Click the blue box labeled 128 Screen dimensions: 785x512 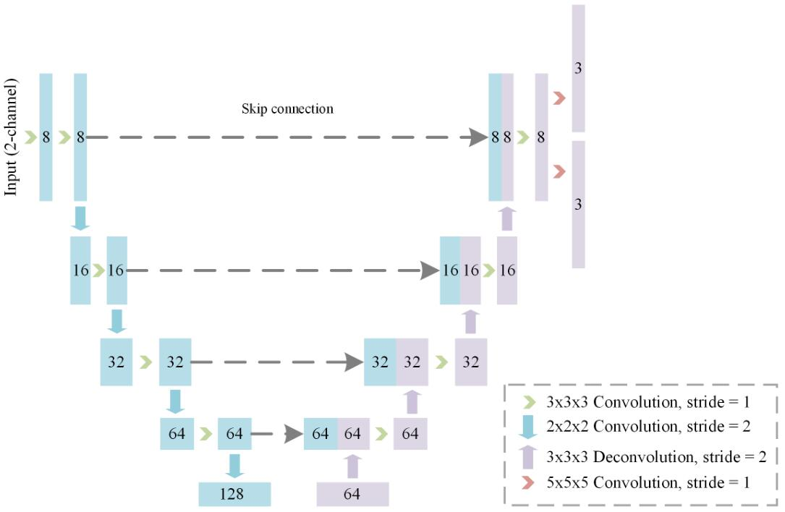pyautogui.click(x=234, y=494)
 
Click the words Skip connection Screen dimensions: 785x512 pyautogui.click(x=287, y=108)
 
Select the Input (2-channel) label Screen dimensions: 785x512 pyautogui.click(x=11, y=137)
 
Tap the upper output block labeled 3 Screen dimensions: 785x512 pyautogui.click(x=578, y=69)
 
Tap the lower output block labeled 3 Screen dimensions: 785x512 pyautogui.click(x=578, y=204)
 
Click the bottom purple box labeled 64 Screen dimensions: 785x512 pyautogui.click(x=352, y=494)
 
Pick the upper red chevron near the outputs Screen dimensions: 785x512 pyautogui.click(x=560, y=98)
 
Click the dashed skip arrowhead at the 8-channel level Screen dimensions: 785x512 pyautogui.click(x=478, y=137)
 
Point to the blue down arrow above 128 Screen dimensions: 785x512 pyautogui.click(x=234, y=466)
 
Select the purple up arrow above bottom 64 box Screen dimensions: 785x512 pyautogui.click(x=353, y=466)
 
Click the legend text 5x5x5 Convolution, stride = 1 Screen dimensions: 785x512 pyautogui.click(x=648, y=482)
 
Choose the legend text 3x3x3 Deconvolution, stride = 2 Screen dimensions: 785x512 pyautogui.click(x=656, y=456)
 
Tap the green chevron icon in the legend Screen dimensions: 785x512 pyautogui.click(x=529, y=402)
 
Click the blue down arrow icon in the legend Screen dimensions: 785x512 pyautogui.click(x=527, y=427)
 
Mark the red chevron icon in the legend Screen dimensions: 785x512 pyautogui.click(x=527, y=482)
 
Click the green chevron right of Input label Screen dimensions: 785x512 pyautogui.click(x=31, y=137)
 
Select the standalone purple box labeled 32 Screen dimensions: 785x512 pyautogui.click(x=470, y=362)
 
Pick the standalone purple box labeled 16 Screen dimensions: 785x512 pyautogui.click(x=507, y=270)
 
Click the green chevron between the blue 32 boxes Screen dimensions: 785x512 pyautogui.click(x=145, y=362)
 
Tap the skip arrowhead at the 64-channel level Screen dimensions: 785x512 pyautogui.click(x=294, y=433)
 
